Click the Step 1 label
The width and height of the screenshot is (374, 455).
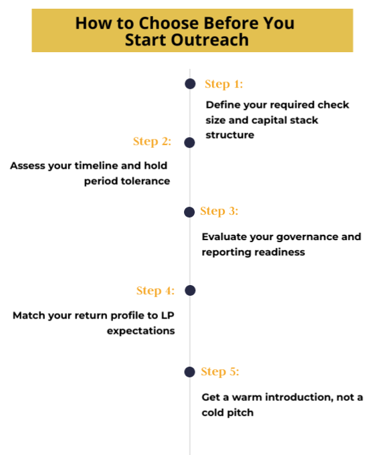coord(223,84)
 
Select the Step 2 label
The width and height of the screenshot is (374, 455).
coord(152,142)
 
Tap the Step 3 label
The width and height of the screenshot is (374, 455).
coord(219,211)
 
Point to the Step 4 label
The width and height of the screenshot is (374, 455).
coord(155,290)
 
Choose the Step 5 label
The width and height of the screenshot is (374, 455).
coord(219,372)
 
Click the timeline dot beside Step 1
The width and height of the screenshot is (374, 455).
coord(190,84)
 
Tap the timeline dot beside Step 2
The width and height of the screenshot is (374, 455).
coord(189,143)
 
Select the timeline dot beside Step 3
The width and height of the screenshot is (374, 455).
coord(189,212)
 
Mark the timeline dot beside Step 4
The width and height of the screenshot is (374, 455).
coord(190,290)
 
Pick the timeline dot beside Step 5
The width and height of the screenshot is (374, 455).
coord(189,372)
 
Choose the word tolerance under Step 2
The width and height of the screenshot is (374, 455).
coord(145,181)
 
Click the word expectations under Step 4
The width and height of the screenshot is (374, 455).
coord(141,331)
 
